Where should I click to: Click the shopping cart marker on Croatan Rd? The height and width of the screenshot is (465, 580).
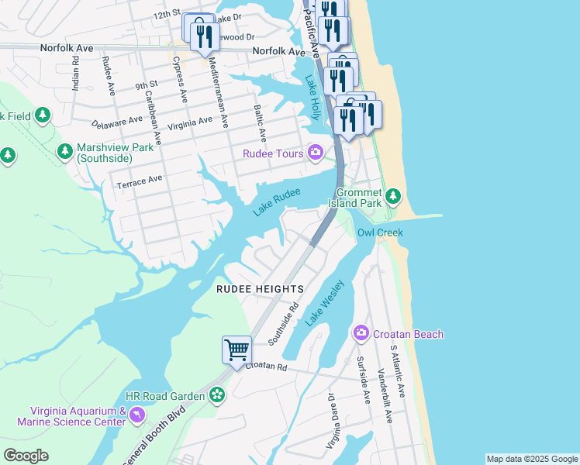pos(236,350)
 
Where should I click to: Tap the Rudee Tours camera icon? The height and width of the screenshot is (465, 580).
pos(315,152)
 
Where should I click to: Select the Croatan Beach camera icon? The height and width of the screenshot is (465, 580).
pos(361,333)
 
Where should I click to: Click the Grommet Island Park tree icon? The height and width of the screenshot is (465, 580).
pos(394,195)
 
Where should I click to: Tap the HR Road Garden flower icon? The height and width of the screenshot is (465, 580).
pos(216,395)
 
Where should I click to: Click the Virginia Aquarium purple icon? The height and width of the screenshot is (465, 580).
pos(137,415)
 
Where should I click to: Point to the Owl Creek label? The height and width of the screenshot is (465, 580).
pos(380,232)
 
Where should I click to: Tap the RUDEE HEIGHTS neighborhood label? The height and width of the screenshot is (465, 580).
pos(259,289)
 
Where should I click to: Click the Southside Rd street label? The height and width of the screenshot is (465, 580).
pos(283,324)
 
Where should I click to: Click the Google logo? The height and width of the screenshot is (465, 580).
pos(26,456)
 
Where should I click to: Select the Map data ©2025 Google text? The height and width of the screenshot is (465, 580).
pos(532,459)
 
